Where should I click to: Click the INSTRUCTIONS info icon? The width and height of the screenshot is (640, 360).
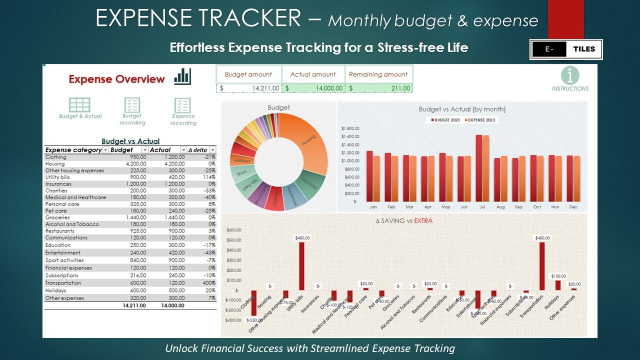point(570,76)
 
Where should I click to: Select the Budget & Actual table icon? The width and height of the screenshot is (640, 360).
point(80,105)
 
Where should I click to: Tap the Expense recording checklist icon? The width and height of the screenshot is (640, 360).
point(183,105)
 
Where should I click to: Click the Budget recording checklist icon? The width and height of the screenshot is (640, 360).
point(132,105)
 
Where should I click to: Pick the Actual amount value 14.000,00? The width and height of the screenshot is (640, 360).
point(313,88)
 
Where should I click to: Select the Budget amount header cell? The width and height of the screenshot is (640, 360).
point(248,74)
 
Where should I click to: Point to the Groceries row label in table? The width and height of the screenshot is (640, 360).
point(57,217)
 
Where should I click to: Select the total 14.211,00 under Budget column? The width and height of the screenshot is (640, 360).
point(134,305)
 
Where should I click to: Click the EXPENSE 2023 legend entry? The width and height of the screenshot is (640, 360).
point(479,120)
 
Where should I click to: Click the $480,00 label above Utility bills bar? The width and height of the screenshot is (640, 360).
point(301,238)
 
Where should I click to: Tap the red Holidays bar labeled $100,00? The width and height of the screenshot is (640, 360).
point(558,285)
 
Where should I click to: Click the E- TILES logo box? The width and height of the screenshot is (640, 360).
point(566,49)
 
